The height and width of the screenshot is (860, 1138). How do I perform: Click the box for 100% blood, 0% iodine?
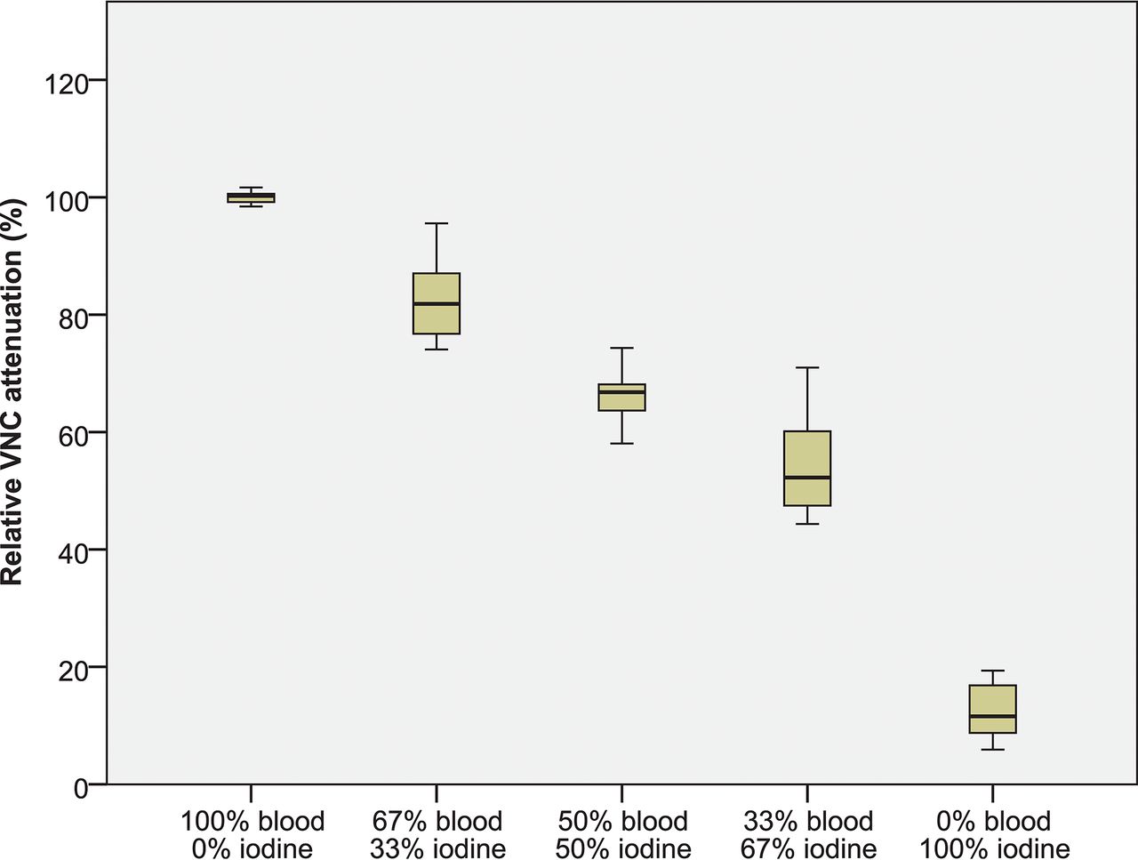pyautogui.click(x=252, y=197)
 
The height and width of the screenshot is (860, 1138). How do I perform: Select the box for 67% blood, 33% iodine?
pyautogui.click(x=437, y=289)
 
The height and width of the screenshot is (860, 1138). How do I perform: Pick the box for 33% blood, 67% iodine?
pyautogui.click(x=807, y=454)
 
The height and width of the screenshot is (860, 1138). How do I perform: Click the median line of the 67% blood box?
pyautogui.click(x=437, y=304)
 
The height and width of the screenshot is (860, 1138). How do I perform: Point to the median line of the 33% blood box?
pyautogui.click(x=807, y=478)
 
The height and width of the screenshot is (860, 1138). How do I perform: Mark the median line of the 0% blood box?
pyautogui.click(x=992, y=716)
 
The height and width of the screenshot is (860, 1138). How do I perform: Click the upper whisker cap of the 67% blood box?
pyautogui.click(x=437, y=223)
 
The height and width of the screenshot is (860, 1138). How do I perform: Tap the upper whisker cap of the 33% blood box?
pyautogui.click(x=807, y=367)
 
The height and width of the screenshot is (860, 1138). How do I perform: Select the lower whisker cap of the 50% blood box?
pyautogui.click(x=621, y=443)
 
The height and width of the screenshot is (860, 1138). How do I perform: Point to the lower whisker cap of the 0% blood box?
pyautogui.click(x=992, y=750)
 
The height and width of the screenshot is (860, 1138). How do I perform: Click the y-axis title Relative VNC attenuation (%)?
pyautogui.click(x=12, y=391)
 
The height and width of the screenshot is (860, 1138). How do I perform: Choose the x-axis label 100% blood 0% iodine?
pyautogui.click(x=252, y=834)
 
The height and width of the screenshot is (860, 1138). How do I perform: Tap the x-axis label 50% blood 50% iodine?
pyautogui.click(x=622, y=834)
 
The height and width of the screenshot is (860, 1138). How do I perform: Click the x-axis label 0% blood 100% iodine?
pyautogui.click(x=993, y=834)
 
